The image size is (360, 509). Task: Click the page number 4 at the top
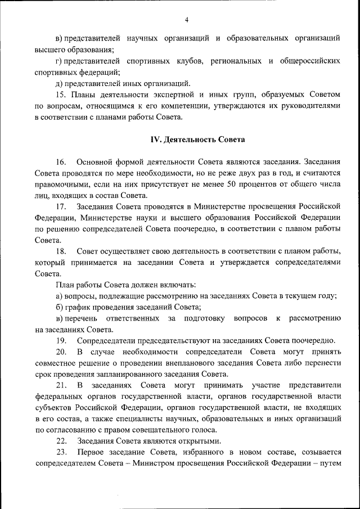click(x=186, y=20)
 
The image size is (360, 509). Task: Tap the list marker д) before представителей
click(x=58, y=83)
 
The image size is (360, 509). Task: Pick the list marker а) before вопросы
click(x=58, y=296)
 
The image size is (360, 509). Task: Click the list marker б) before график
click(x=58, y=307)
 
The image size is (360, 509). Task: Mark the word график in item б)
click(x=78, y=307)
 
